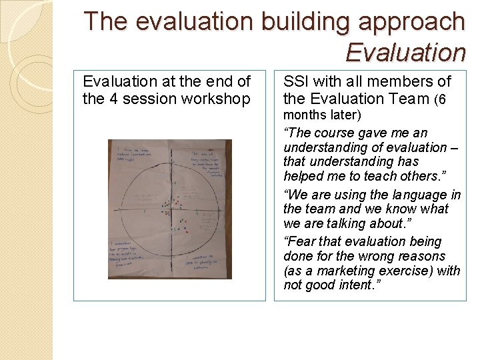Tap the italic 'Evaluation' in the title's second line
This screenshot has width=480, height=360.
(405, 52)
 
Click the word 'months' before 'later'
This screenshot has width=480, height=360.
(303, 115)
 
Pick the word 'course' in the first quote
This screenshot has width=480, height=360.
(335, 133)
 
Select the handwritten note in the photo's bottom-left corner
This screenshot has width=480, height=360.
(131, 252)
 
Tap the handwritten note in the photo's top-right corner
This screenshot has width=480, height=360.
(204, 158)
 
